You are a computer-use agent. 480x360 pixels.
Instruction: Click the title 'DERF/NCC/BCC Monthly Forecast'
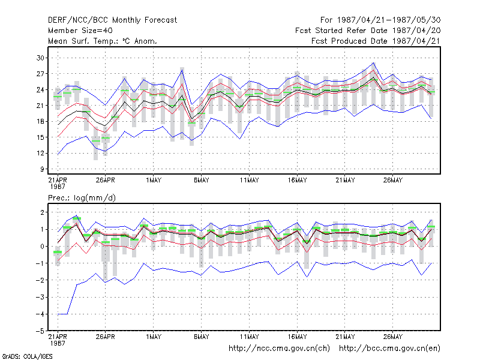(112, 20)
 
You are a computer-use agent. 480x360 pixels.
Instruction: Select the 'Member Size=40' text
(80, 31)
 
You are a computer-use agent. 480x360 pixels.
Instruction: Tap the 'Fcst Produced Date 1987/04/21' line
(376, 41)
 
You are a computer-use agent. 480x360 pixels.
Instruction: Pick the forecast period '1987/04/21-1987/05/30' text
(389, 20)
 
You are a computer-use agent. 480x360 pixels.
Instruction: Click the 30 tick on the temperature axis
(40, 58)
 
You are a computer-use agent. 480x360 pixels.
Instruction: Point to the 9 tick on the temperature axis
(42, 169)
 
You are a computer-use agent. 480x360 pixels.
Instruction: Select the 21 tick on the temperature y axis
(40, 106)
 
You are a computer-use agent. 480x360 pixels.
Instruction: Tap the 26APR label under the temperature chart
(106, 181)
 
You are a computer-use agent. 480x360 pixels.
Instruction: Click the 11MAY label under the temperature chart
(249, 181)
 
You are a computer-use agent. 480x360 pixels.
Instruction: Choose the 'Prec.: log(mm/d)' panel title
(82, 198)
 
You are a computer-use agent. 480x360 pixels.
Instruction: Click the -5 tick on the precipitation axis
(40, 331)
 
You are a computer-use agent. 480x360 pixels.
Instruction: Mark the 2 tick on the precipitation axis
(42, 212)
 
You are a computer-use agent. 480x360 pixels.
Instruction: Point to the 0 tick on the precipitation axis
(42, 247)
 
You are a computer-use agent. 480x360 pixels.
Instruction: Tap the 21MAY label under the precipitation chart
(345, 337)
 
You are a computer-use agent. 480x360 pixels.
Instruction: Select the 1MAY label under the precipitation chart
(154, 337)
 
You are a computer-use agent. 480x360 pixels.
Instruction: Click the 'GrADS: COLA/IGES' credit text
(27, 356)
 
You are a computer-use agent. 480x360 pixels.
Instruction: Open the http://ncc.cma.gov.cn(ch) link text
(279, 349)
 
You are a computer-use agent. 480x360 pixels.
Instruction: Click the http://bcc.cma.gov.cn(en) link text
(389, 349)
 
